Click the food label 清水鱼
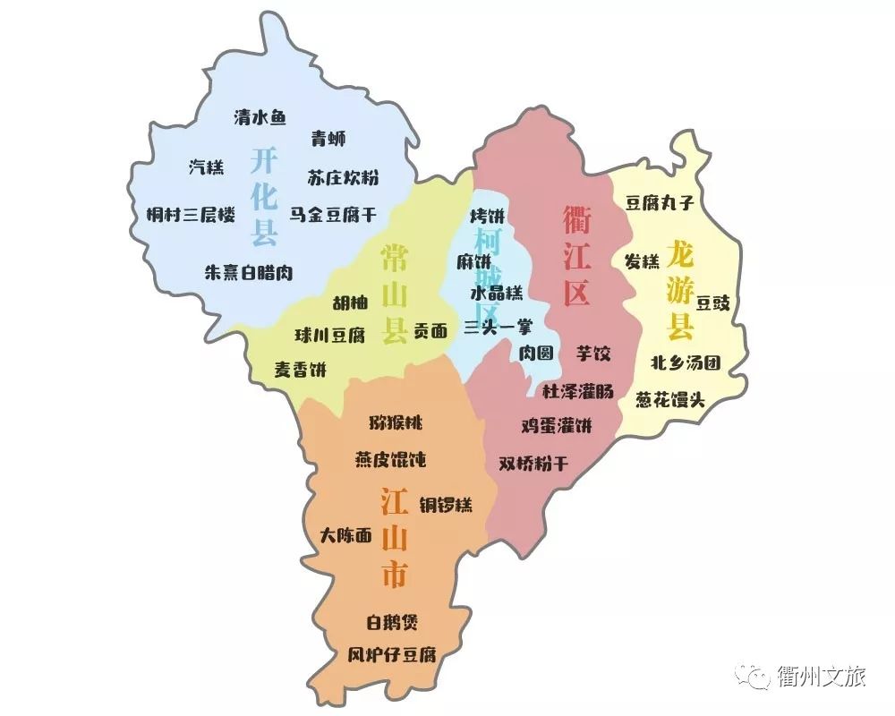[260, 117]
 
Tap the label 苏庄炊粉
[343, 177]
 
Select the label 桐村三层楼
[191, 215]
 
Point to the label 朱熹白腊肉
[249, 272]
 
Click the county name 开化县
[264, 197]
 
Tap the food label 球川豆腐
[330, 336]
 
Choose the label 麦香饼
[301, 369]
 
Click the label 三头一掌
[498, 328]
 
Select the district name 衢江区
[576, 255]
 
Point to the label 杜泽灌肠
[578, 390]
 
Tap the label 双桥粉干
[533, 464]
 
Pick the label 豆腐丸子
[660, 203]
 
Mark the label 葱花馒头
[670, 399]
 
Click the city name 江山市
[394, 537]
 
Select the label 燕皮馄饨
[390, 460]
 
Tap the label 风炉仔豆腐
[392, 653]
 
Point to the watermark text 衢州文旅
[823, 677]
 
